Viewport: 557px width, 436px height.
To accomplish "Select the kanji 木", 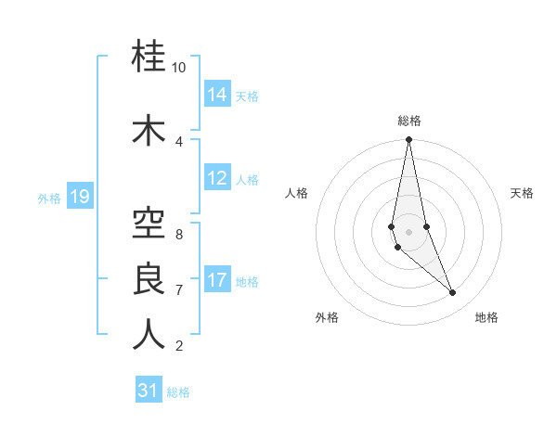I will [149, 131].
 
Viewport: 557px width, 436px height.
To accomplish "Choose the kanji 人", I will [149, 334].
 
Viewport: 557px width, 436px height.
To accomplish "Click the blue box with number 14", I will [217, 95].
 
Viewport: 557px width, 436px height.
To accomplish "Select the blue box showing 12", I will [217, 178].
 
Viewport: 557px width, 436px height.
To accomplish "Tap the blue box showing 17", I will [217, 280].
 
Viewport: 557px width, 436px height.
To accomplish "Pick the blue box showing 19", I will [80, 197].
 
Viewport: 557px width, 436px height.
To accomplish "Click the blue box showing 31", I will [149, 391].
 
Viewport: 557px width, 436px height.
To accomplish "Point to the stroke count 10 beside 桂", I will [178, 68].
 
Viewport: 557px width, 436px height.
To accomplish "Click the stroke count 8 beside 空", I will [178, 234].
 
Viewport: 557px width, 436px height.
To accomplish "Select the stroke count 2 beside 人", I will [178, 346].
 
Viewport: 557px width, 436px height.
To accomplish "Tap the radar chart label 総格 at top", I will [409, 121].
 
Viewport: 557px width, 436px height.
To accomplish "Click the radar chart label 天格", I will [522, 193].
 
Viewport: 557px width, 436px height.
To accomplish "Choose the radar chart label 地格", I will [486, 317].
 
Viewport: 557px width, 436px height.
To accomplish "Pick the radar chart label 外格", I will [327, 317].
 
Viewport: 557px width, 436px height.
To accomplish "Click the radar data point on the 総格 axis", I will [408, 140].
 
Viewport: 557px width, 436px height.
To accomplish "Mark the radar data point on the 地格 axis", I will [453, 293].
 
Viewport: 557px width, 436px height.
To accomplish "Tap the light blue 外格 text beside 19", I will [49, 198].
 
